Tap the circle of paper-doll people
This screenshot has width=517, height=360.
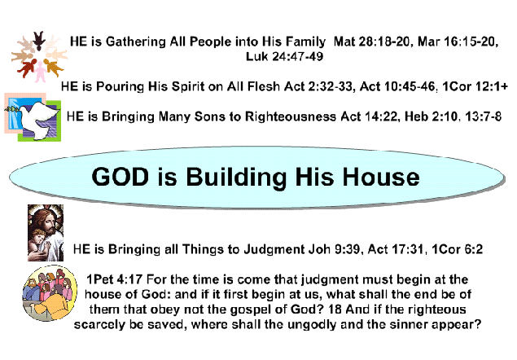39,56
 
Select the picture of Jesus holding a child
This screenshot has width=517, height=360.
46,233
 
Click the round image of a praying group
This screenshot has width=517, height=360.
50,293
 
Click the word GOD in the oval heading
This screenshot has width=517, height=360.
120,177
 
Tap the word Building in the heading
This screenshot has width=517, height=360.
236,178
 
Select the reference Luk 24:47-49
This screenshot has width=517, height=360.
284,56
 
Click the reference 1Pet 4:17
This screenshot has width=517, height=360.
115,279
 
